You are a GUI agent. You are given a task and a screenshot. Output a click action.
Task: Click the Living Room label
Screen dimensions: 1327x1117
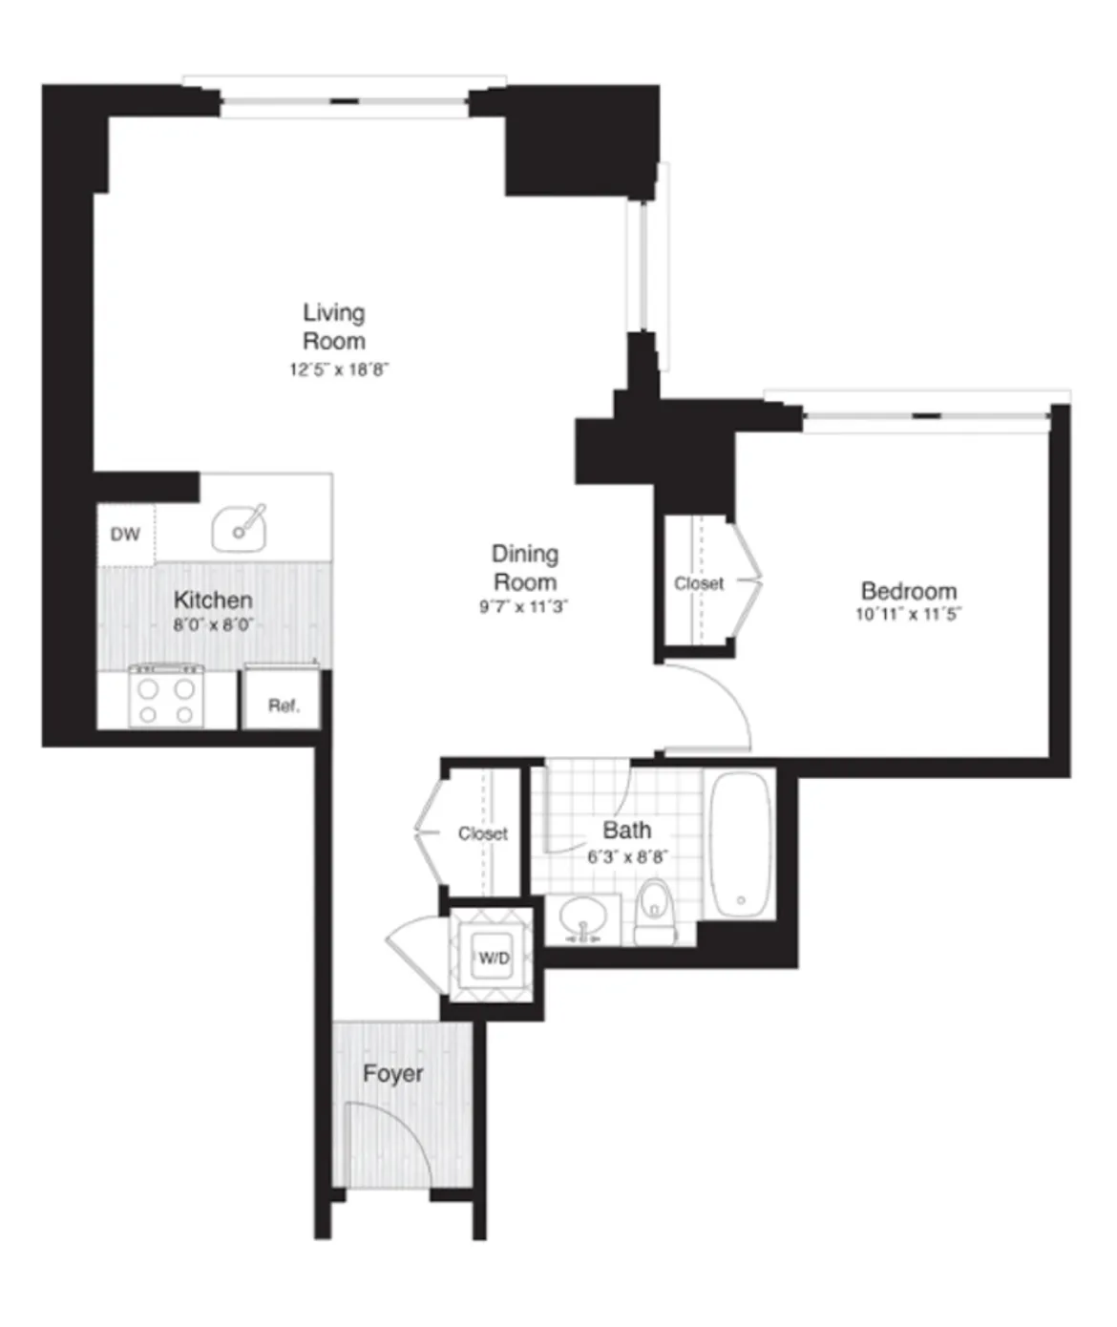334,326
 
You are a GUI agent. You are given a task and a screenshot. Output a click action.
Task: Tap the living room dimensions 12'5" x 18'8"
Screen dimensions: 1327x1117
339,369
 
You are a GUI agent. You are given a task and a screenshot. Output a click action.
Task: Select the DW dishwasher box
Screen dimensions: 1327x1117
125,535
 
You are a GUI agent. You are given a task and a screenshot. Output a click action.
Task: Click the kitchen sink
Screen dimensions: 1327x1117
239,528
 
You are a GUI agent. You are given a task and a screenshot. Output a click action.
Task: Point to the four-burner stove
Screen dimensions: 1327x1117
166,700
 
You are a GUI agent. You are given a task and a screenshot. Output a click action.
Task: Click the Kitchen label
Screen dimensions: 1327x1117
213,600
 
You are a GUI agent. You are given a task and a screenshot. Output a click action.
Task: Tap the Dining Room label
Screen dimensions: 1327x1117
524,567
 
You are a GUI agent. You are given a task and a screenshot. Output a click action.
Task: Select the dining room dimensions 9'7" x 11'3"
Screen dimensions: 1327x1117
523,607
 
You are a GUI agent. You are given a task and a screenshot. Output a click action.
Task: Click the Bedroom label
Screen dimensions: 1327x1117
908,591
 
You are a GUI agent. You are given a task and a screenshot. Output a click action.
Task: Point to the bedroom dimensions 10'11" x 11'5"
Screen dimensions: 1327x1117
908,615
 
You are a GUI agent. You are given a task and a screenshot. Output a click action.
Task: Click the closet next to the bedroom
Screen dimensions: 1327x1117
699,583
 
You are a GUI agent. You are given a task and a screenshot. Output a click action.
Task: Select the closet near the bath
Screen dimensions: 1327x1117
482,833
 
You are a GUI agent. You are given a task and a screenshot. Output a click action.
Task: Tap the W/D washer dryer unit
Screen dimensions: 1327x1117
494,958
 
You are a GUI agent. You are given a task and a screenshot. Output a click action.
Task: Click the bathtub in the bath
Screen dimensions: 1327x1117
741,845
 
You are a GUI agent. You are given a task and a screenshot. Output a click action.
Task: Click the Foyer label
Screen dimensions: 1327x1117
392,1074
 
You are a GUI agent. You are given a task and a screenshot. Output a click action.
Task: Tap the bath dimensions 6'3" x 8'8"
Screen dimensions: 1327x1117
626,857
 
